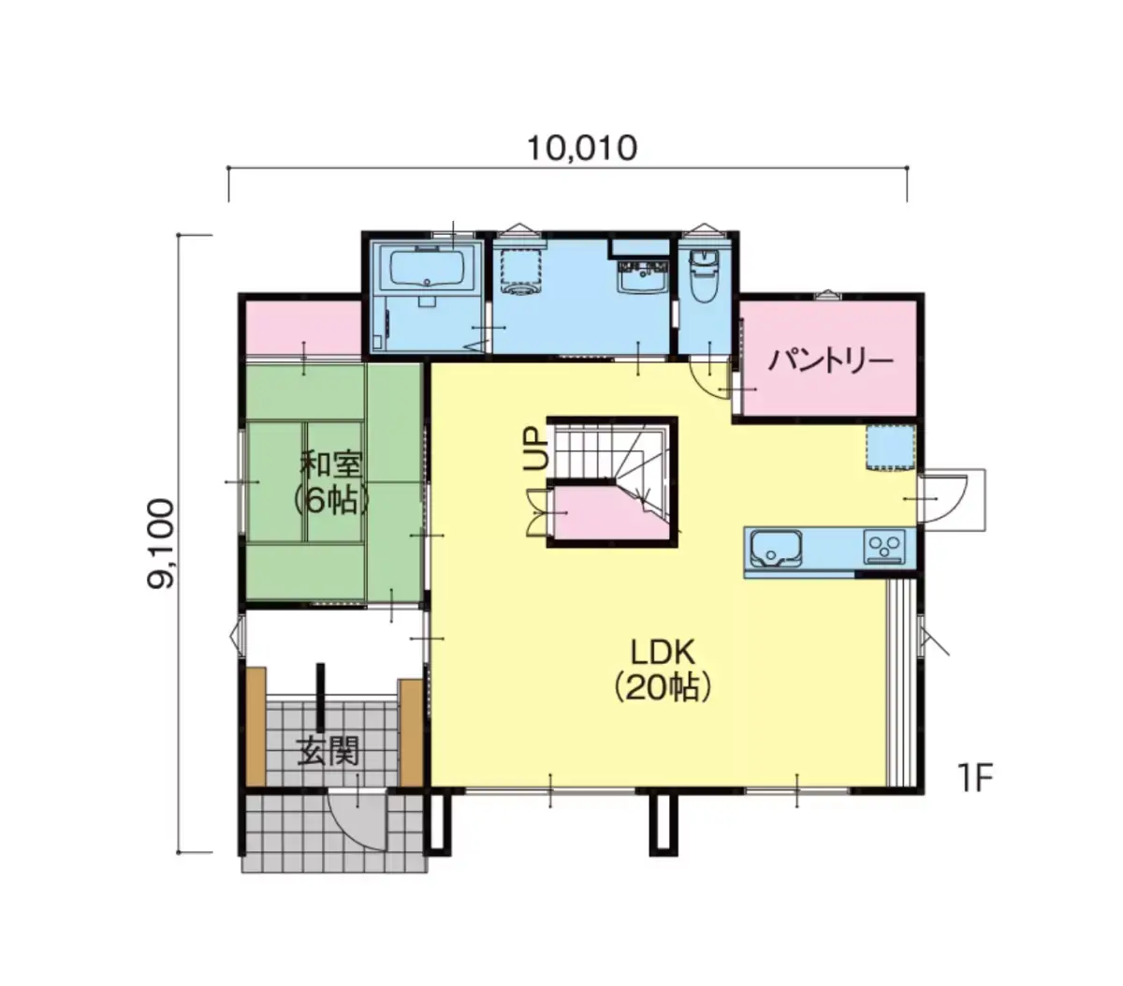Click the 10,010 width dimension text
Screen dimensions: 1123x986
581,149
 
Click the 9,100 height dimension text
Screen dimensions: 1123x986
161,543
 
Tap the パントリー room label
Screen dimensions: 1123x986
830,361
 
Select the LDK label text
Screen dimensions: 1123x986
663,653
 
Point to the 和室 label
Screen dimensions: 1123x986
331,464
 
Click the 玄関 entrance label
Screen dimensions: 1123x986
328,751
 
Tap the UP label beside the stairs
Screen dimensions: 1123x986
536,449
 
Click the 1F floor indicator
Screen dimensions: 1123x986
974,778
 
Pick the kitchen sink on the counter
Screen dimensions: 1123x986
776,549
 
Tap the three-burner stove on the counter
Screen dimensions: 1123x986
883,547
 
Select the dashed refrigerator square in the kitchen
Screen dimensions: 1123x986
890,449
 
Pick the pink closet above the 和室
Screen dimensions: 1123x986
304,329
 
